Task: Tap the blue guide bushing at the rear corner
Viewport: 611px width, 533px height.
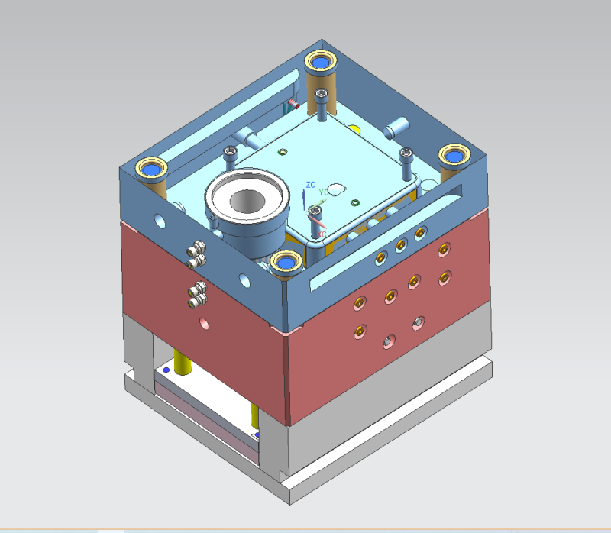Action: tap(320, 60)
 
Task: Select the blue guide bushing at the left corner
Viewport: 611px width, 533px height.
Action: tap(150, 167)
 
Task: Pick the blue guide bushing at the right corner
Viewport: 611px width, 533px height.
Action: tap(455, 156)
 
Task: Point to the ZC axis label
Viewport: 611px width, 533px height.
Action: tap(310, 185)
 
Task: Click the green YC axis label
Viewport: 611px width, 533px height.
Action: tap(323, 191)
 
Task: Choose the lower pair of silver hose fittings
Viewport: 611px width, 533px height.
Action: tap(198, 293)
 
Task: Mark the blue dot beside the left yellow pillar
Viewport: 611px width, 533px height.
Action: tap(166, 369)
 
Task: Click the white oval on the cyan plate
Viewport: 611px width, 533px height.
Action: tap(337, 187)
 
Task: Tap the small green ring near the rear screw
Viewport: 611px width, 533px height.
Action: tap(282, 151)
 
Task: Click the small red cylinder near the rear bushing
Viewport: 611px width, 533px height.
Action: tap(293, 102)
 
